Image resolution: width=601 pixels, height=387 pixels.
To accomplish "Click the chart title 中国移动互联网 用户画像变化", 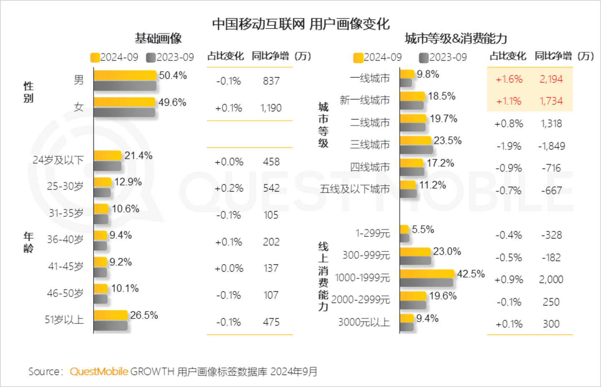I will pos(300,24).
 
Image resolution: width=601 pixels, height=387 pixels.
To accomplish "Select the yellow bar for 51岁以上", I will pos(111,315).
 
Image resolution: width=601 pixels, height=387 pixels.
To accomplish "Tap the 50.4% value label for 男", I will pos(173,76).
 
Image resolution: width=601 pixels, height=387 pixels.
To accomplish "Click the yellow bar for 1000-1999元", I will pos(427,274).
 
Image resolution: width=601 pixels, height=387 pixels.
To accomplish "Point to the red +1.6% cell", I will pos(509,79).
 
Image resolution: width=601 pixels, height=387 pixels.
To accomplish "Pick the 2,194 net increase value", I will pos(551,79).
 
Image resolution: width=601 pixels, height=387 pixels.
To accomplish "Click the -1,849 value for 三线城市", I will pos(551,146).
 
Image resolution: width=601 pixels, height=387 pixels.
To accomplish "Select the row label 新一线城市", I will pos(364,100).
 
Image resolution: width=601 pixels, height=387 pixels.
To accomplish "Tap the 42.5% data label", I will pos(471,274).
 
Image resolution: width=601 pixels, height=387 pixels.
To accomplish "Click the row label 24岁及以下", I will pos(58,160).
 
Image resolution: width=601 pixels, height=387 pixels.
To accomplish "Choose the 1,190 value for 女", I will pos(271,108).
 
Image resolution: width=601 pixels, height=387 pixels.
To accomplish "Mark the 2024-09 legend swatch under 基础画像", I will pos(95,58).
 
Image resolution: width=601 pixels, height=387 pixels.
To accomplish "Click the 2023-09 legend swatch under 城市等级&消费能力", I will pos(424,58).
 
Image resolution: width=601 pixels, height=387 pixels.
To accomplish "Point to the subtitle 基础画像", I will pos(158,39).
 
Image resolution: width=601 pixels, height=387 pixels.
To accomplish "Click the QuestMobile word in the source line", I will pos(99,372).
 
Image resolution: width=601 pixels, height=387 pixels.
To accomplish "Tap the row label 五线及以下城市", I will pos(355,189).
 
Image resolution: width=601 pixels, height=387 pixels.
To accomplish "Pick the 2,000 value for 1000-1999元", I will pos(551,280).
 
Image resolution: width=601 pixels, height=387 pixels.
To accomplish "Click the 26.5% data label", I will pos(144,315).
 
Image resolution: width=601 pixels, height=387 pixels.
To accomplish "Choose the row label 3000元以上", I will pos(364,322).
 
